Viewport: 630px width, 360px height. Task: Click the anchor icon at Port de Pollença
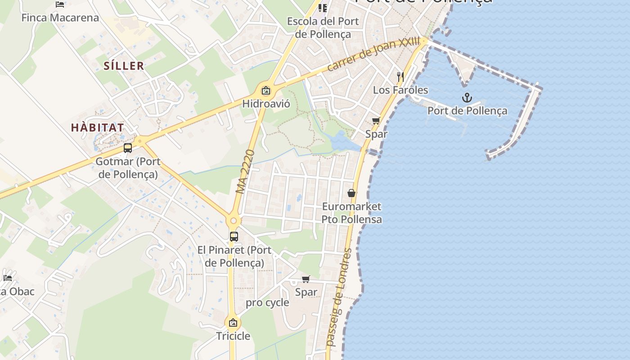point(467,97)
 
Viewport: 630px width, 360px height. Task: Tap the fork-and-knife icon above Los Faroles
point(400,76)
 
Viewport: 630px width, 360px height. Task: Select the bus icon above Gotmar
point(128,148)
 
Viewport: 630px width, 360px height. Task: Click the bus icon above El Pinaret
point(234,236)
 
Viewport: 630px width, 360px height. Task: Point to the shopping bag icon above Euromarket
point(351,193)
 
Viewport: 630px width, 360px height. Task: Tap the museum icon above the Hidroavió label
point(266,90)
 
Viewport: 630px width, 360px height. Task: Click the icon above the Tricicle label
point(233,323)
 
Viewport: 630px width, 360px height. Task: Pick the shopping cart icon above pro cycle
point(306,279)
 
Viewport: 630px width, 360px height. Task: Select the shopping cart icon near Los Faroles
point(376,121)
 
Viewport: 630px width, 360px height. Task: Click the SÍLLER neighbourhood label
point(124,66)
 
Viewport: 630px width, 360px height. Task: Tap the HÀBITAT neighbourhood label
point(97,127)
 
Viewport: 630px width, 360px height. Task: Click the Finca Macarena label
point(60,18)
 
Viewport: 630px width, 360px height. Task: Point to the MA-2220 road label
point(245,171)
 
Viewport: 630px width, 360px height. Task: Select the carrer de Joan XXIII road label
point(373,55)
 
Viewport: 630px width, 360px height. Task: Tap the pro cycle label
point(267,302)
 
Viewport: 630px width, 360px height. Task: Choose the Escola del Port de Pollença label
point(323,27)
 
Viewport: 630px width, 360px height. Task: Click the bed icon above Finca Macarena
point(60,4)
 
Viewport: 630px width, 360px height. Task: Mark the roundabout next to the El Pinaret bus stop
point(234,221)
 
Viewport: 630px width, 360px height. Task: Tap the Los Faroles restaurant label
point(400,90)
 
